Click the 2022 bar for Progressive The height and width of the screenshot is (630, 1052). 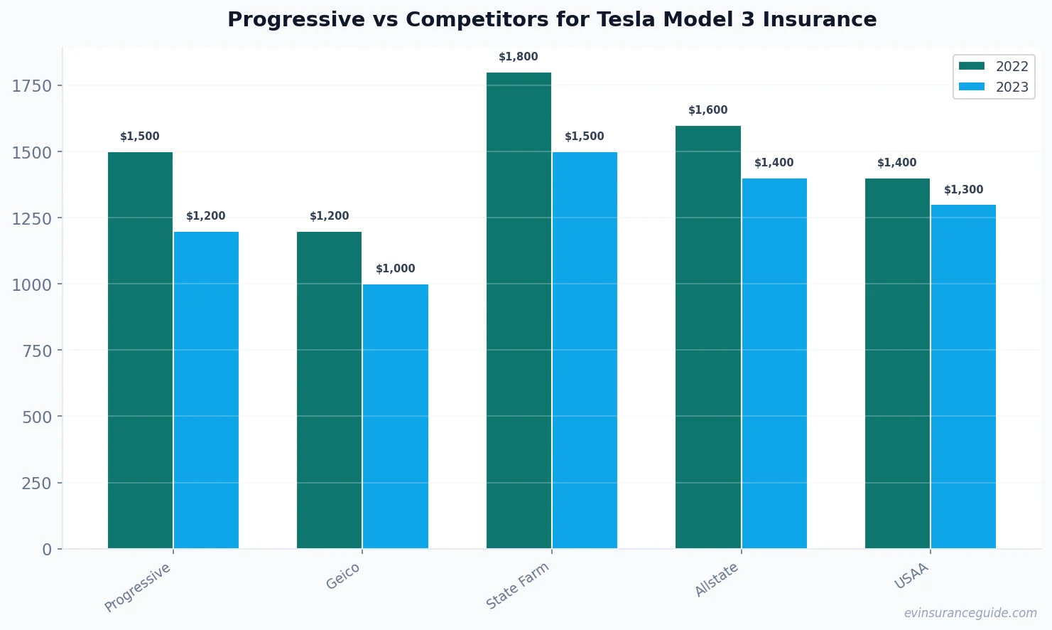point(140,350)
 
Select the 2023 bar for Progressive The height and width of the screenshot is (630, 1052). point(206,390)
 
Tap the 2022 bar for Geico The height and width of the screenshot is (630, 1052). point(329,390)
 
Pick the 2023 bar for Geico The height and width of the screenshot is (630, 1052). point(396,416)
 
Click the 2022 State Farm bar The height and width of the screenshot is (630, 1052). point(519,310)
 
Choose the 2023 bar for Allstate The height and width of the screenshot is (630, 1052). point(774,363)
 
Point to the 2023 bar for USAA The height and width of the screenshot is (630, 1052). point(963,376)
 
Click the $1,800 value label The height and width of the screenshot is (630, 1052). point(519,57)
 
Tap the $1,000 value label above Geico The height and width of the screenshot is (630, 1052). point(396,269)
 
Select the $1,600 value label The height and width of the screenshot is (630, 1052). point(708,110)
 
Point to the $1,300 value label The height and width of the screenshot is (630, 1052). point(963,190)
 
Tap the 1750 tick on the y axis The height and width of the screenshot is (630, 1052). point(32,86)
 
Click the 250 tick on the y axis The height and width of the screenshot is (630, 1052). point(37,484)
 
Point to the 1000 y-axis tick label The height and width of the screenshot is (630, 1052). point(32,284)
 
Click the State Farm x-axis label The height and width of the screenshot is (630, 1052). point(518,585)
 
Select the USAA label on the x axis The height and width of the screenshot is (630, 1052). point(911,576)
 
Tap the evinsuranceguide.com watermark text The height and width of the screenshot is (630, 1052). point(970,613)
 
